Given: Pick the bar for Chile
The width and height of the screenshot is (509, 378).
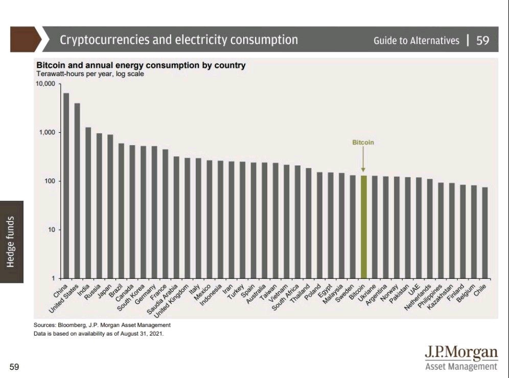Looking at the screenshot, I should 484,233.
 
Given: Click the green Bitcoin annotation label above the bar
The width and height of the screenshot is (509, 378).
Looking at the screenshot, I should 363,143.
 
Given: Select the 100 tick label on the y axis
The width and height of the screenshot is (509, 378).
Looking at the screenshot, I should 49,181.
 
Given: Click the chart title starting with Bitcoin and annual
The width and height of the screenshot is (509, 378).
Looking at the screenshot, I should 141,65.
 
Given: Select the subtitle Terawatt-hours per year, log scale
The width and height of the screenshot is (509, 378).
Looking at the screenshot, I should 90,74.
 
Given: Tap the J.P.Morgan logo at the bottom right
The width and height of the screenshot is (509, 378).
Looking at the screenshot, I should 461,357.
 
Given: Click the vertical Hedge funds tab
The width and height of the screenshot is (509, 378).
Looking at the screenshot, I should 12,242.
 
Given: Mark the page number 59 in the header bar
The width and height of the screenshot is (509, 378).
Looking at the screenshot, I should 483,40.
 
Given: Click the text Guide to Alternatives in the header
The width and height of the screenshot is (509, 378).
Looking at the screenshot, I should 417,40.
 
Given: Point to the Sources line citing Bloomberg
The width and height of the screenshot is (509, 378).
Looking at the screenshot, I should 102,325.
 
